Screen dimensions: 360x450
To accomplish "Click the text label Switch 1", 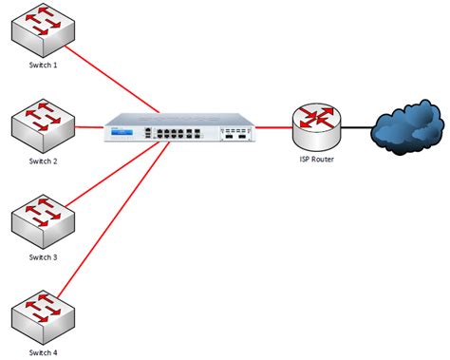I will click(43, 66).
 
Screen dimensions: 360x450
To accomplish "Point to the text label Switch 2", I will click(43, 161).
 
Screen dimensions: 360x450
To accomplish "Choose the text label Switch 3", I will click(43, 256).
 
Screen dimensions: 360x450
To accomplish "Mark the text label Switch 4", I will click(43, 352).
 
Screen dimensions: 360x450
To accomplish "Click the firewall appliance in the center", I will click(180, 127).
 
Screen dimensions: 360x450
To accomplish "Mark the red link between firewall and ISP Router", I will click(272, 125).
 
